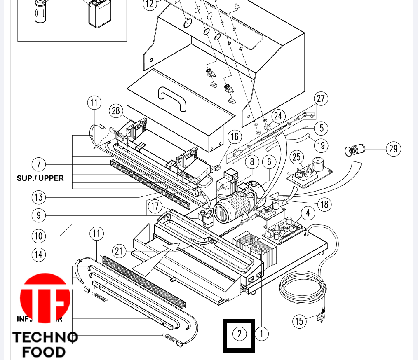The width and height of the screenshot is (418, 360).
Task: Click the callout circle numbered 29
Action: pyautogui.click(x=393, y=148)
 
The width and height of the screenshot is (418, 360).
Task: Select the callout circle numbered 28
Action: pyautogui.click(x=116, y=111)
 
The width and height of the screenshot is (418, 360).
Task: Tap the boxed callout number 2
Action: pyautogui.click(x=239, y=334)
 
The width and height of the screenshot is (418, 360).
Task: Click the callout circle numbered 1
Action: pyautogui.click(x=261, y=333)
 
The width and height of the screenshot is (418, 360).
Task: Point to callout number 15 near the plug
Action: pyautogui.click(x=299, y=321)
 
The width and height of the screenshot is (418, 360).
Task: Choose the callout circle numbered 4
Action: pyautogui.click(x=308, y=213)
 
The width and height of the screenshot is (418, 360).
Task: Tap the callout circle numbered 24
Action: pyautogui.click(x=278, y=116)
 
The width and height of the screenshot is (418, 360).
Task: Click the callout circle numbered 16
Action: pyautogui.click(x=234, y=137)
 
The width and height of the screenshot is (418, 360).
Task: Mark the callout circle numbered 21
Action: pyautogui.click(x=119, y=251)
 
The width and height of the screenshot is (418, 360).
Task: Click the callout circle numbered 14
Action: pyautogui.click(x=38, y=255)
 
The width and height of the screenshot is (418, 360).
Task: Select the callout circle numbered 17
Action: pyautogui.click(x=155, y=206)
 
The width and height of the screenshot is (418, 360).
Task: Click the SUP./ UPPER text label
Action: pyautogui.click(x=40, y=178)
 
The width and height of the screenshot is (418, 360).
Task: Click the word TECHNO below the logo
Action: pyautogui.click(x=45, y=337)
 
